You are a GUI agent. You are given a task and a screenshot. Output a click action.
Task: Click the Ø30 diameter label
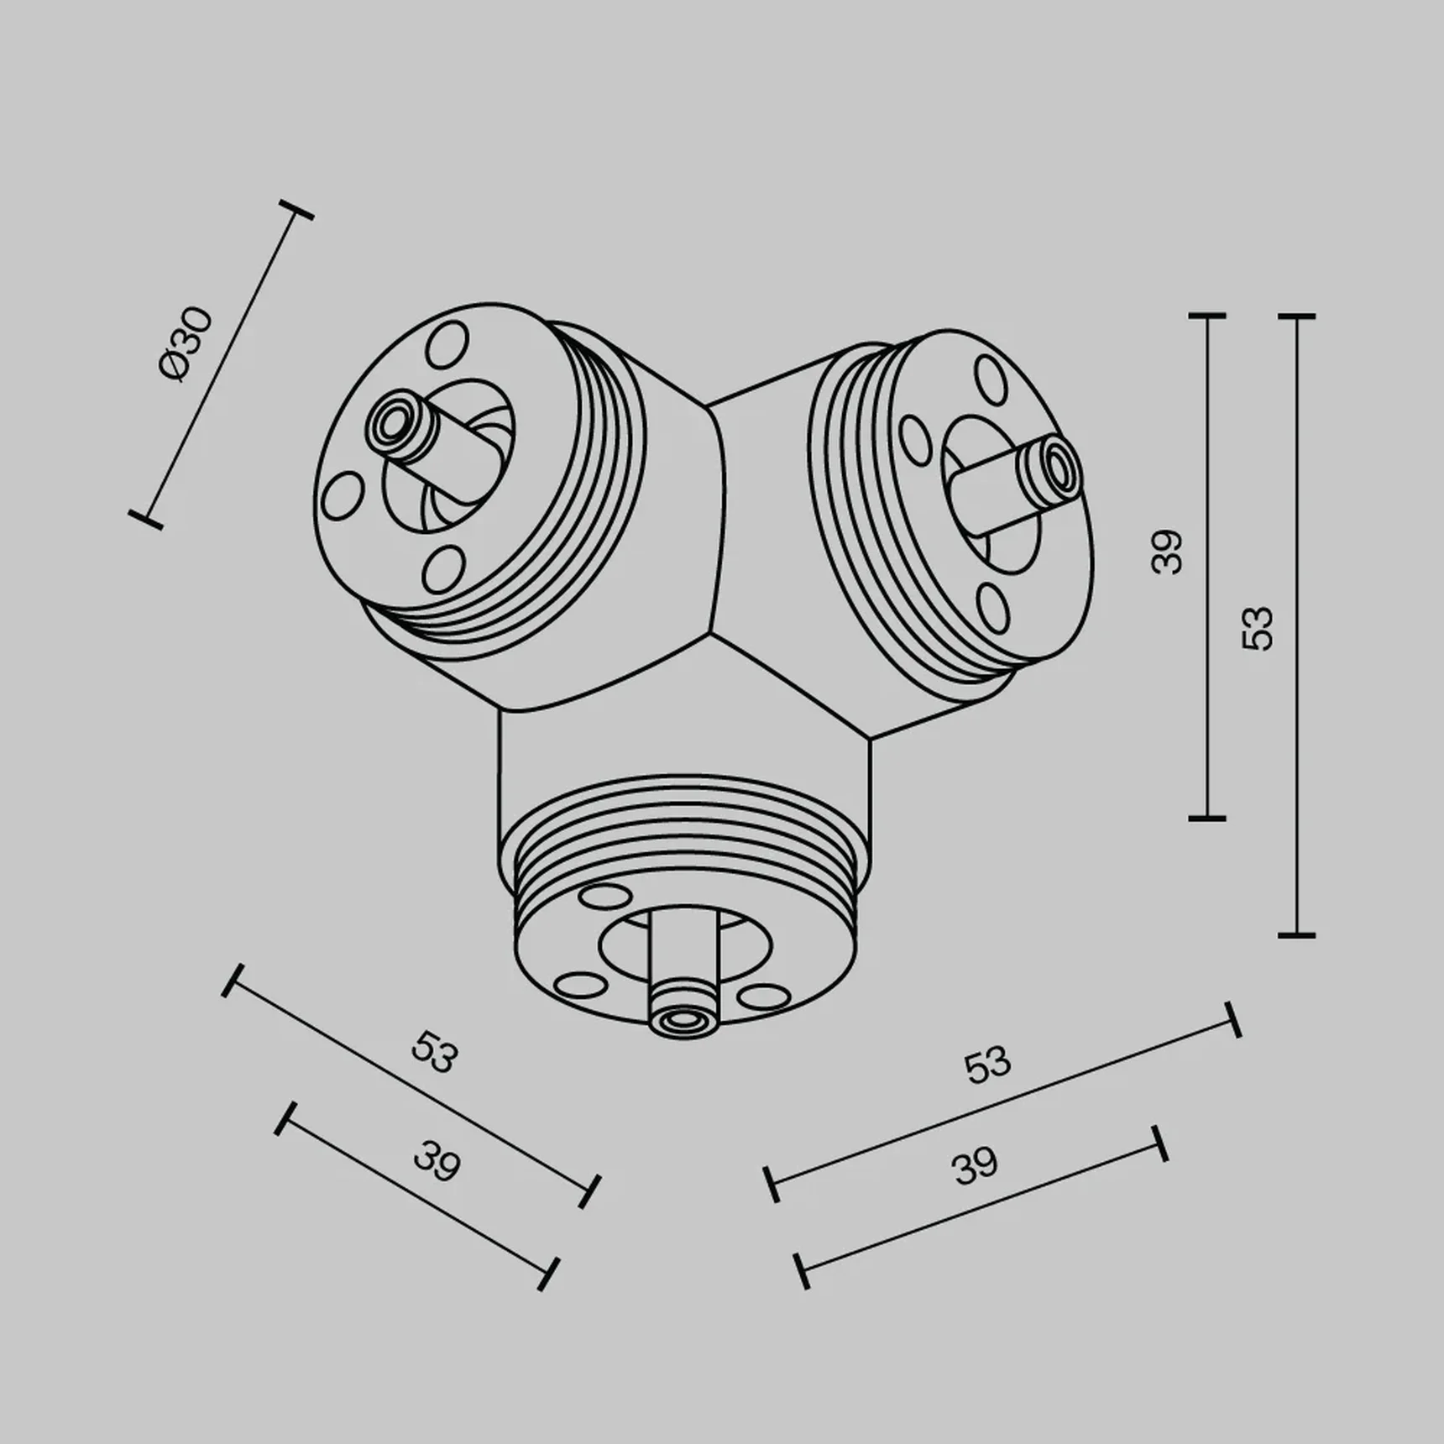(x=186, y=344)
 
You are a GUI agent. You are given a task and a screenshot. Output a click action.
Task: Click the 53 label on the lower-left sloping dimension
(x=435, y=1053)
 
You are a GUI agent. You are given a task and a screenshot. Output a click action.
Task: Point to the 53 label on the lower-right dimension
(x=988, y=1065)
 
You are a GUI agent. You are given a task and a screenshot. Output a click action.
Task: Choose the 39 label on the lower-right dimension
(x=975, y=1166)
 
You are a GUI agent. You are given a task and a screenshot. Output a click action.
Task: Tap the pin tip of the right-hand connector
(x=1056, y=464)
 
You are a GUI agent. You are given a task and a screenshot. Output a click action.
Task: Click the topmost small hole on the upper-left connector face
(x=447, y=344)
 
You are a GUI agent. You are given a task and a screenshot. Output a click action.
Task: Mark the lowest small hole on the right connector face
(x=993, y=609)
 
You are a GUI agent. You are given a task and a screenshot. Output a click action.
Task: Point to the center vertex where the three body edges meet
(x=713, y=631)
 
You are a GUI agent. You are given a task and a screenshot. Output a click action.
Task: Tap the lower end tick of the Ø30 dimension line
(x=145, y=519)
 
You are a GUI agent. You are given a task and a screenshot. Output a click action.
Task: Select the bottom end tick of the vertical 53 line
(x=1296, y=934)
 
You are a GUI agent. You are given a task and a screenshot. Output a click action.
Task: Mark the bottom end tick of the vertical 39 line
(x=1208, y=817)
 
